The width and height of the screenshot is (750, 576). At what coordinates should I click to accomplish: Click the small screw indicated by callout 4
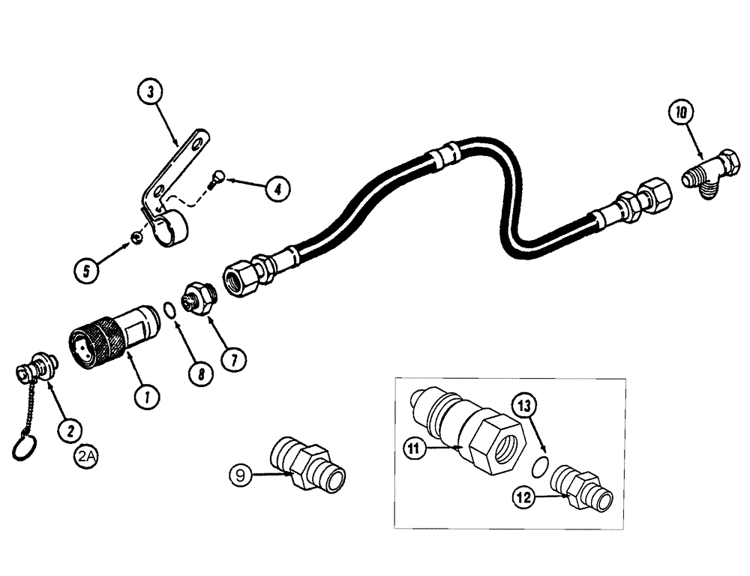point(216,178)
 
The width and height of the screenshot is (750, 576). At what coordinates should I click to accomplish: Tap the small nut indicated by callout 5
point(136,238)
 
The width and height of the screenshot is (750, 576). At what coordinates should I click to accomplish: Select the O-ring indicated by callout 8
point(171,308)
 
